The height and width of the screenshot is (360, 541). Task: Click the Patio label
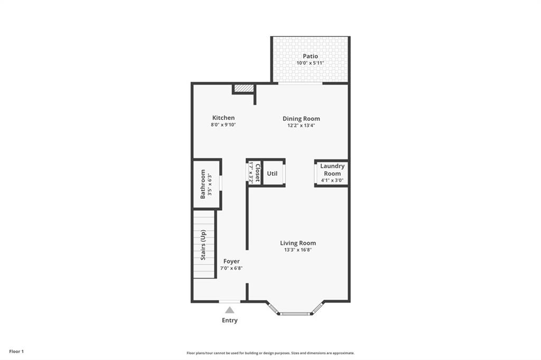coord(310,56)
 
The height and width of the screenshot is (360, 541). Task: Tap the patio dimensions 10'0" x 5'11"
coord(310,63)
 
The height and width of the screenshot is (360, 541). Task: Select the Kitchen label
coord(223,118)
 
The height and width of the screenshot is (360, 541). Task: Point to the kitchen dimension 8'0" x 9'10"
coord(223,125)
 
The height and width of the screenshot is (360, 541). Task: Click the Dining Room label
coord(301,119)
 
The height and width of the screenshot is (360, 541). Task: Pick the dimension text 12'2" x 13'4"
coord(301,126)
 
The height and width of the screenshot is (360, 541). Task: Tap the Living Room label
coord(298,243)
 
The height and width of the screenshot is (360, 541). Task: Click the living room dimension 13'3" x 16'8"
coord(298,250)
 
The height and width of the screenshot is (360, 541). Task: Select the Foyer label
coord(231,261)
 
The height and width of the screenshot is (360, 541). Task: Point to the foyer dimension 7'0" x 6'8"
coord(231,268)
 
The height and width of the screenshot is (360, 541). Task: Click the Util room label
coord(272,173)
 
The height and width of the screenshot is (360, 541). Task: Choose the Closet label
coord(257,173)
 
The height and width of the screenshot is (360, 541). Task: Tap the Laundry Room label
coord(332,169)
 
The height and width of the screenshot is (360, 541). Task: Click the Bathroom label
coord(203,184)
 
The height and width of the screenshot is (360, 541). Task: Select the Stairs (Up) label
coord(203,245)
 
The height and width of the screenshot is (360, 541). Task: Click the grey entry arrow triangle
coord(229,310)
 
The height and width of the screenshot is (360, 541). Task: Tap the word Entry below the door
coord(230,320)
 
